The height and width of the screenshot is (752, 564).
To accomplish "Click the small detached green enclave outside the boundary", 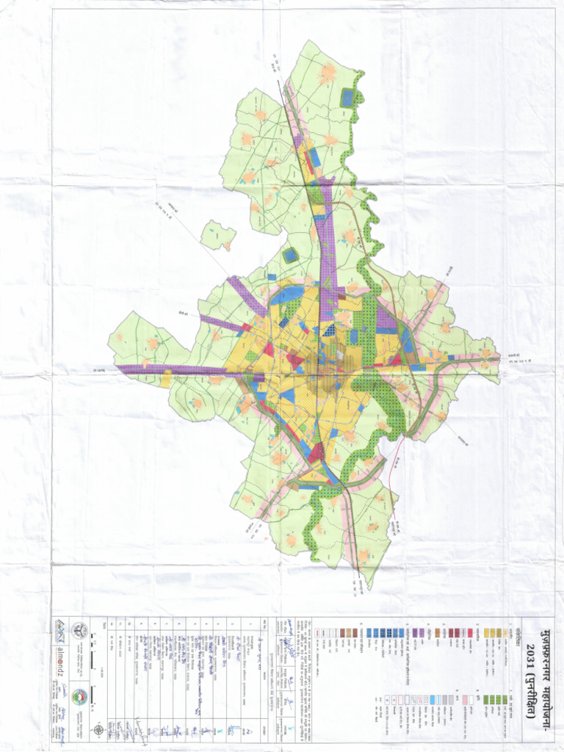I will (x=218, y=236).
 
